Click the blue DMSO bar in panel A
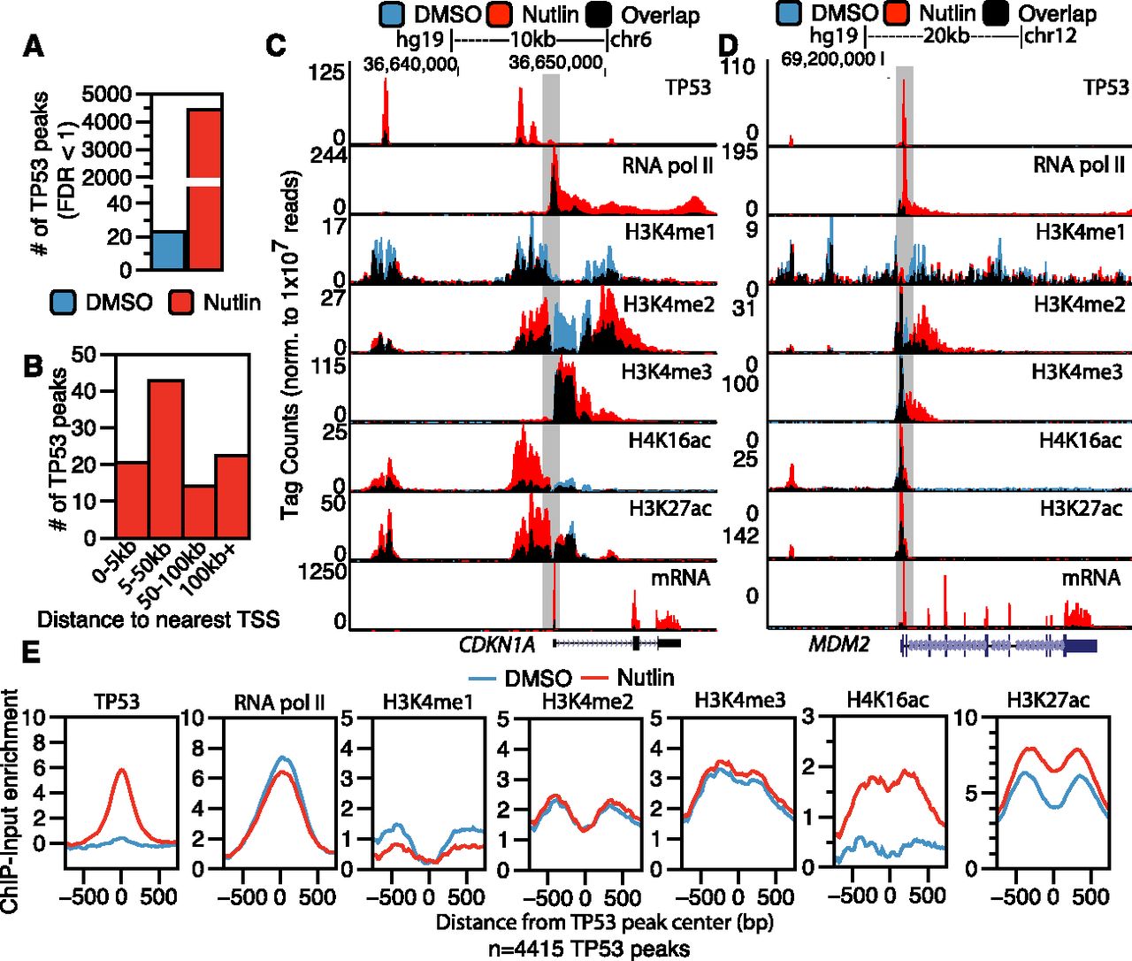(170, 251)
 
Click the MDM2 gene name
(839, 643)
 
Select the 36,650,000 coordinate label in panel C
(556, 63)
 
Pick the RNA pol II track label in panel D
(1079, 165)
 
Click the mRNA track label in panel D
(1090, 578)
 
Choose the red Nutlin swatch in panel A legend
(182, 303)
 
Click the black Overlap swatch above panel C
(600, 14)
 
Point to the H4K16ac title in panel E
(887, 700)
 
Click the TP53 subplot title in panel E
(120, 702)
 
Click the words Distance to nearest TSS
(158, 619)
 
